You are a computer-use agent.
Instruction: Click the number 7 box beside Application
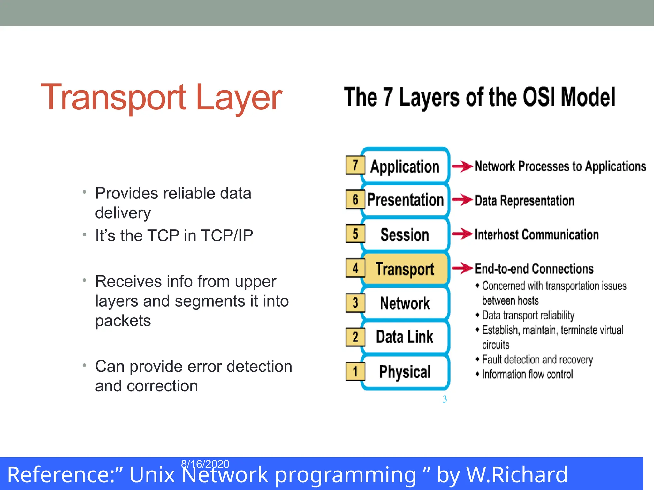355,165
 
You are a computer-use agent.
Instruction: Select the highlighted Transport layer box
405,269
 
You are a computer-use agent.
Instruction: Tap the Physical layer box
405,372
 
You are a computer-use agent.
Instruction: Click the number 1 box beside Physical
355,371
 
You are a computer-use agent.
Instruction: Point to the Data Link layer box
405,337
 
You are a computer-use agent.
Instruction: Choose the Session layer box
405,235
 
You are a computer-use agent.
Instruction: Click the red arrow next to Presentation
462,200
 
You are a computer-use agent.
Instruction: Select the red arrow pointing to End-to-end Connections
462,268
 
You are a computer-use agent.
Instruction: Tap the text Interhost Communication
536,235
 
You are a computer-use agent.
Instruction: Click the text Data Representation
524,201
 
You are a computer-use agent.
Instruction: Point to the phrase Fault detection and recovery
537,360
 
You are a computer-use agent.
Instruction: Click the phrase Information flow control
527,374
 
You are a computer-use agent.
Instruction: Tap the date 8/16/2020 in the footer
205,464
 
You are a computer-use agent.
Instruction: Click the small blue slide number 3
445,399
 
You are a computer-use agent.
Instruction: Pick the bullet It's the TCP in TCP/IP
174,236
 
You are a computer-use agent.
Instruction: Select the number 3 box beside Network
355,303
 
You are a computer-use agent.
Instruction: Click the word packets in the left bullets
123,321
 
